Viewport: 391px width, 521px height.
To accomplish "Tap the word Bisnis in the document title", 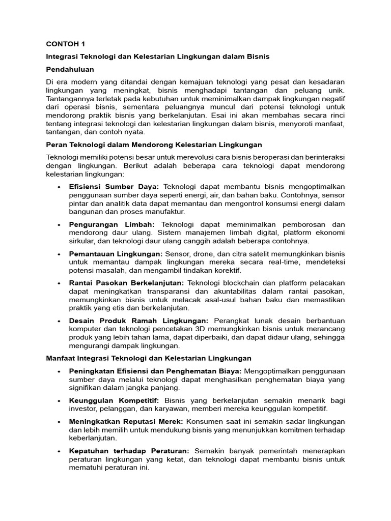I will tap(258, 56).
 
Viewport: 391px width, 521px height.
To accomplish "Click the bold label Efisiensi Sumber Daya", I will tap(114, 187).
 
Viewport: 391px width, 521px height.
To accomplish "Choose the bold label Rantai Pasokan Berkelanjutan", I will tap(127, 283).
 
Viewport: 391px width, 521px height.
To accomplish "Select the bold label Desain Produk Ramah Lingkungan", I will tap(139, 321).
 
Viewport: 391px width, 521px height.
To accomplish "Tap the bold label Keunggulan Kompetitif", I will tap(114, 400).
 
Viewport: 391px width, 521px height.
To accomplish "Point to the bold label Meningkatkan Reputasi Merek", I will tap(127, 421).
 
